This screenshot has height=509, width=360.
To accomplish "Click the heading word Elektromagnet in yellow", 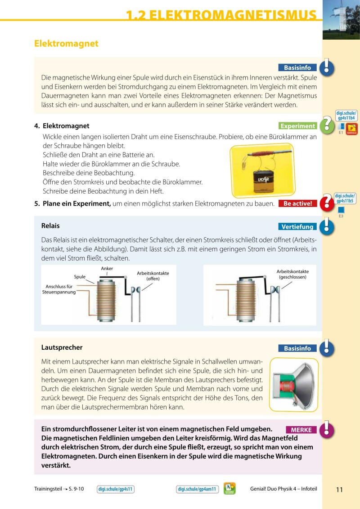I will coord(66,44).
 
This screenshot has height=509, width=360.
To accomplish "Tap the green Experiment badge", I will coord(297,126).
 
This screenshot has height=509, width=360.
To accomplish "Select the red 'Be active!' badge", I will coord(297,203).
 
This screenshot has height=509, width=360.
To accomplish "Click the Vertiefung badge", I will coord(297,226).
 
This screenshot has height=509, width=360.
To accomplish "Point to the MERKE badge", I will coord(301,430).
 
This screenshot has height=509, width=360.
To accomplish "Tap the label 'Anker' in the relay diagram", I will coord(107,269).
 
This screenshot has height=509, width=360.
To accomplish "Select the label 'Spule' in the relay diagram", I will coord(80,277).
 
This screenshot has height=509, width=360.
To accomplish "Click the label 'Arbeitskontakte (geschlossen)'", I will coord(292,274).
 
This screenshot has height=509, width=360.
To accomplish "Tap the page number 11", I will coord(339,490).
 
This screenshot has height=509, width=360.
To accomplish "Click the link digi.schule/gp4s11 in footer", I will coord(116,489).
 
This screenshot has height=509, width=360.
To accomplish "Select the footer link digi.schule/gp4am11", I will coord(197,489).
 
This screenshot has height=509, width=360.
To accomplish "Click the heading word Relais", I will coord(50,225).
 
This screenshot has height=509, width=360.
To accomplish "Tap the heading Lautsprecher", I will coord(62,347).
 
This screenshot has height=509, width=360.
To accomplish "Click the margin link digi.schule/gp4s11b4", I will coord(346,115).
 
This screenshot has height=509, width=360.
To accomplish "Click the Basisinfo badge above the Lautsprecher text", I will coord(297,348).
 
